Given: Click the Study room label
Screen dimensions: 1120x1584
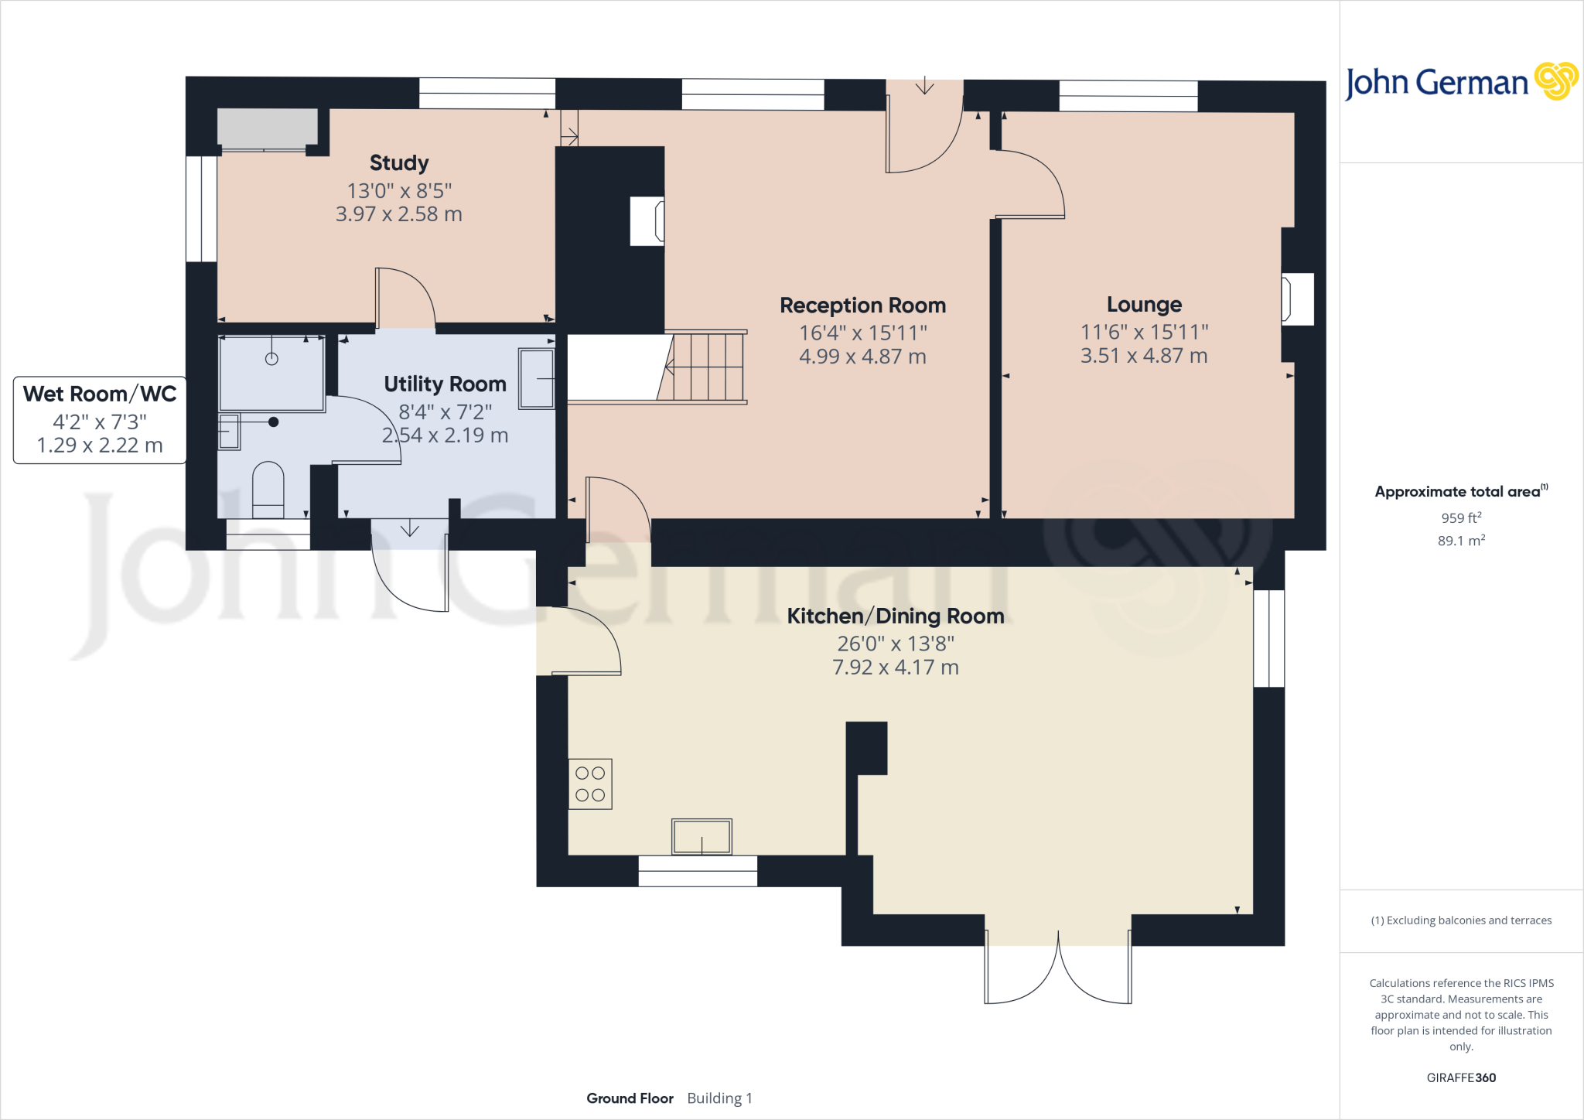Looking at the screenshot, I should pyautogui.click(x=399, y=163).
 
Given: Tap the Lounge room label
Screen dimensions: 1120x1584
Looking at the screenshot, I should pyautogui.click(x=1144, y=305).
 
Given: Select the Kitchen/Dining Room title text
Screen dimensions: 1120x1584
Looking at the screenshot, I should pyautogui.click(x=895, y=616).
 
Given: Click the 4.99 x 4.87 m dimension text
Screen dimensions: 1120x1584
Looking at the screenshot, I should pyautogui.click(x=862, y=357).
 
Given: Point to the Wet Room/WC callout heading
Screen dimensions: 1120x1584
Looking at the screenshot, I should pyautogui.click(x=100, y=394).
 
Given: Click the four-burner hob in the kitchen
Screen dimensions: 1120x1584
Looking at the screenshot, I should pyautogui.click(x=590, y=784).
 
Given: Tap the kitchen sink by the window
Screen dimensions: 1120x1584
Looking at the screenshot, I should pyautogui.click(x=702, y=837).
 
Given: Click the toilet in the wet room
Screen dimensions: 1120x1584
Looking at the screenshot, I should pyautogui.click(x=268, y=489).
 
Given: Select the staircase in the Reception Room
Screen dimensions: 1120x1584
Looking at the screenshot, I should pyautogui.click(x=704, y=367).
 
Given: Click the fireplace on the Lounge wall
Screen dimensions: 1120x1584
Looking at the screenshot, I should pyautogui.click(x=1298, y=299).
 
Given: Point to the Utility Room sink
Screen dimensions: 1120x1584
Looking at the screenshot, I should pyautogui.click(x=536, y=378).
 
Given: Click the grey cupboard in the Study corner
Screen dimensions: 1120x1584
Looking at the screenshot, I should pyautogui.click(x=267, y=128).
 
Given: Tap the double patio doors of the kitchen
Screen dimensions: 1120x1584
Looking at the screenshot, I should pyautogui.click(x=1057, y=971).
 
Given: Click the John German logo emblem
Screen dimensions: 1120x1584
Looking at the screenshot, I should pyautogui.click(x=1555, y=81).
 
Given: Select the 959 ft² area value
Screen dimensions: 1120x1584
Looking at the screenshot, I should pyautogui.click(x=1461, y=518).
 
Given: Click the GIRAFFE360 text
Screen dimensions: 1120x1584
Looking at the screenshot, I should pyautogui.click(x=1461, y=1077).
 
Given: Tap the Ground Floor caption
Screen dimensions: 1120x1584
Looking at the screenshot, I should pyautogui.click(x=630, y=1098).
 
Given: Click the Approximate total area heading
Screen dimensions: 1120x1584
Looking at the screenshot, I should pyautogui.click(x=1458, y=492).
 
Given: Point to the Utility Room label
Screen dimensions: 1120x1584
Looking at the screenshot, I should pyautogui.click(x=445, y=384).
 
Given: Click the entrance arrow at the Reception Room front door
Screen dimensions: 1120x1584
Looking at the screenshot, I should pyautogui.click(x=924, y=86).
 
